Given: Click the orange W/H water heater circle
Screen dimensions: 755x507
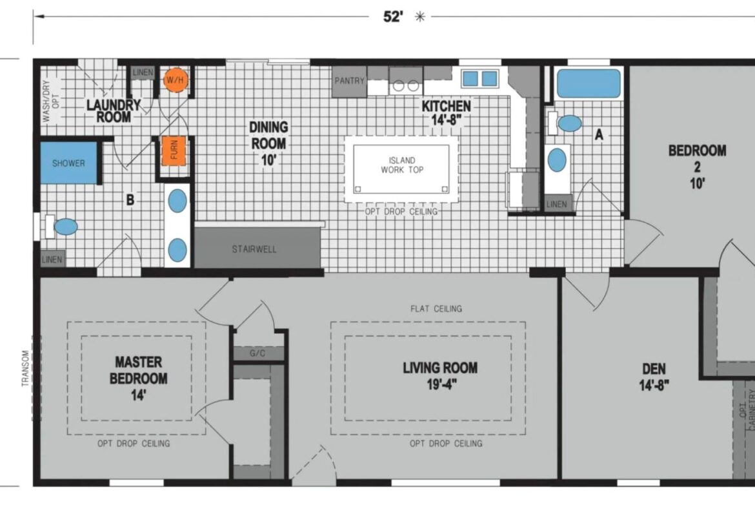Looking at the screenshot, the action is (175, 80).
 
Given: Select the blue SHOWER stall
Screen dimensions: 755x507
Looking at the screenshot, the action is (68, 163).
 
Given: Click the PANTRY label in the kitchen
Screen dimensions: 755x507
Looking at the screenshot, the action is (350, 81).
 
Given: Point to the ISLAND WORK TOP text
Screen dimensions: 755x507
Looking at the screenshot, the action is (402, 165).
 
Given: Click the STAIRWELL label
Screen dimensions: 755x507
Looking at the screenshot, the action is (254, 249).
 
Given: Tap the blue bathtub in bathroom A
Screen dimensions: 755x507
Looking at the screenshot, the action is (589, 84).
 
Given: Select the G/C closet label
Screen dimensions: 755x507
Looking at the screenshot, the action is (257, 353).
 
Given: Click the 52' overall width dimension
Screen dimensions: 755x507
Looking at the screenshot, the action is (393, 17).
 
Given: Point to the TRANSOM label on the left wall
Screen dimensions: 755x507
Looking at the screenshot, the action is (26, 369).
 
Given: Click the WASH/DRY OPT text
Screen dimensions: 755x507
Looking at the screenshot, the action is (50, 101).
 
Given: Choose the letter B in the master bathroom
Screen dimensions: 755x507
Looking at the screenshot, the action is (130, 200).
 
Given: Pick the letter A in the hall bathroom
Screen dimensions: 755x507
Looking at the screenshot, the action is (599, 134).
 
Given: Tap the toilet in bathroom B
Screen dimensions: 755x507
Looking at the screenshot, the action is (61, 227).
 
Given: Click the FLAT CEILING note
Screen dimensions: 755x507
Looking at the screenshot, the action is (436, 309).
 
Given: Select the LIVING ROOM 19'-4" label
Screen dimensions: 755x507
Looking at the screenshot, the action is (440, 376).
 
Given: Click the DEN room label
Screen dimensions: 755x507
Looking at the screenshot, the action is (654, 369).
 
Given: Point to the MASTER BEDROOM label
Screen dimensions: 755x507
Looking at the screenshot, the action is (139, 370).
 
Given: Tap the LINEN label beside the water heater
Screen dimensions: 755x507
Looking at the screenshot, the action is (143, 73).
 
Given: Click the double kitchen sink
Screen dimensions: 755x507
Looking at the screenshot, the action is (480, 79).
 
